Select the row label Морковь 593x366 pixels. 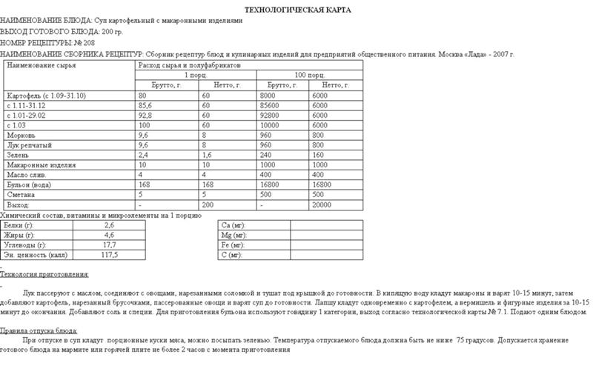pyautogui.click(x=20, y=136)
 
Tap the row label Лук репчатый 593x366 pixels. pyautogui.click(x=27, y=145)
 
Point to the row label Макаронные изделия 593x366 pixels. pyautogui.click(x=37, y=164)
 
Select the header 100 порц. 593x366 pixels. pyautogui.click(x=309, y=76)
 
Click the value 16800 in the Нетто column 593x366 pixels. pyautogui.click(x=324, y=184)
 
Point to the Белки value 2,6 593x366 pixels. pyautogui.click(x=109, y=224)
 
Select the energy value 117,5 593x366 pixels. pyautogui.click(x=110, y=254)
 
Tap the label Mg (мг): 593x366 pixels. pyautogui.click(x=233, y=234)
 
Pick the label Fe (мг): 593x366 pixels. pyautogui.click(x=233, y=244)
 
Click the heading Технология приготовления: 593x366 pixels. pyautogui.click(x=44, y=274)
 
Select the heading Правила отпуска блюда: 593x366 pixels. pyautogui.click(x=39, y=330)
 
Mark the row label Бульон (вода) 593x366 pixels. pyautogui.click(x=28, y=184)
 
